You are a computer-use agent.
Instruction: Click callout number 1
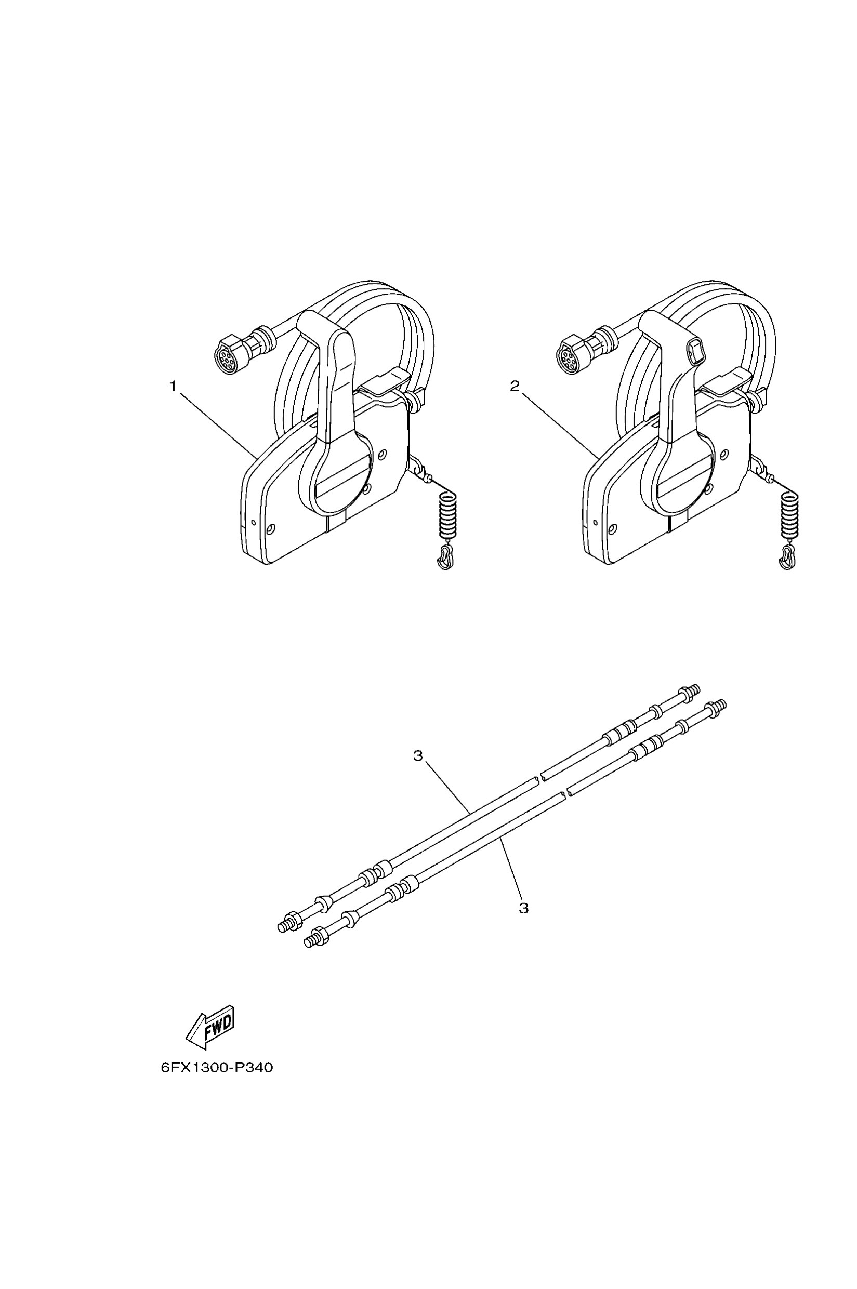tap(173, 387)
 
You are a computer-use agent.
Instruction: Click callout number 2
tap(515, 387)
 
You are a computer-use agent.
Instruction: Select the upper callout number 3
tap(418, 756)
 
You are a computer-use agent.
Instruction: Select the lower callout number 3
tap(523, 908)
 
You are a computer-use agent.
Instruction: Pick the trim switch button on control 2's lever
tap(695, 350)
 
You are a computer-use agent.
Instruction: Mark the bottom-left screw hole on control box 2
tap(612, 528)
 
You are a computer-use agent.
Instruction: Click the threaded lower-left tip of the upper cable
tap(285, 926)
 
